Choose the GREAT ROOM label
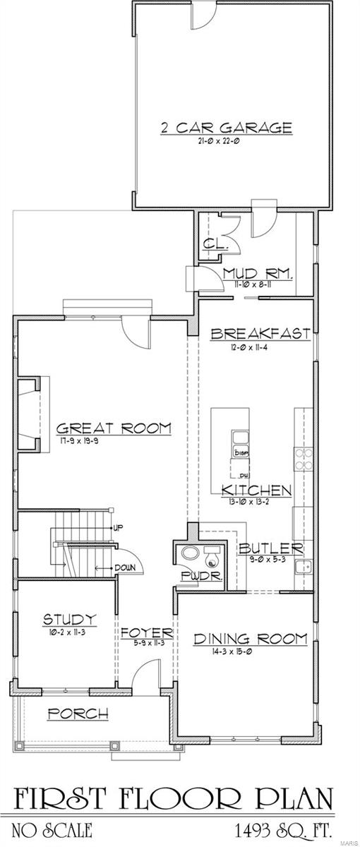coord(114,428)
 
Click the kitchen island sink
coord(238,436)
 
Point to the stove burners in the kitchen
coord(304,459)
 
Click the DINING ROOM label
coord(250,639)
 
